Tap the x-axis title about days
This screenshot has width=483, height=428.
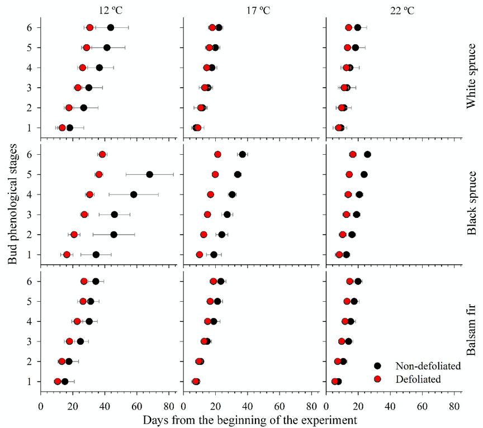249,419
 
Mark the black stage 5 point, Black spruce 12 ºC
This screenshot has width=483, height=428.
149,174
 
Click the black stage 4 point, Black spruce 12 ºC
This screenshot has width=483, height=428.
134,194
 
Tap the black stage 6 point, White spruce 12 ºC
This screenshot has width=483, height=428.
111,28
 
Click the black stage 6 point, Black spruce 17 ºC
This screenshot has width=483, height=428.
242,154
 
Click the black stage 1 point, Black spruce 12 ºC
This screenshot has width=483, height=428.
96,255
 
